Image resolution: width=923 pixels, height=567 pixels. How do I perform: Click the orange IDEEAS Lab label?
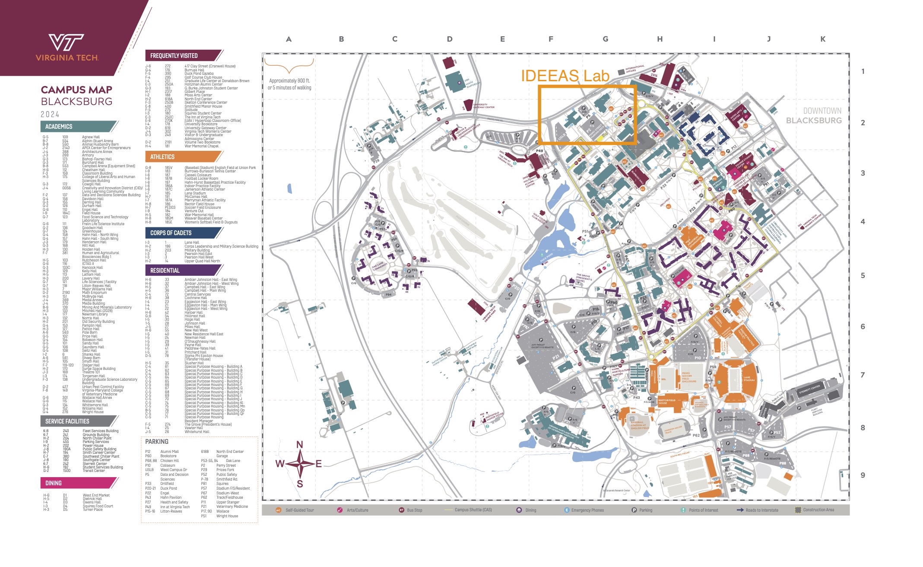pyautogui.click(x=565, y=76)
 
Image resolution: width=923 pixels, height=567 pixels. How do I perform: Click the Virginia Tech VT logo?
pyautogui.click(x=67, y=43)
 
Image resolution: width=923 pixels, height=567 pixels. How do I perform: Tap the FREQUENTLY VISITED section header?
pyautogui.click(x=174, y=56)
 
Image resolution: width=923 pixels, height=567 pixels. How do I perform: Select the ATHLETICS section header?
pyautogui.click(x=162, y=157)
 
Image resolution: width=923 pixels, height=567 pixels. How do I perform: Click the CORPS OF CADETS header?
pyautogui.click(x=171, y=233)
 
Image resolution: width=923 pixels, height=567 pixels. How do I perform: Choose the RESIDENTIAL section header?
pyautogui.click(x=165, y=271)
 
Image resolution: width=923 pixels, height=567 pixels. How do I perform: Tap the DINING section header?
pyautogui.click(x=54, y=483)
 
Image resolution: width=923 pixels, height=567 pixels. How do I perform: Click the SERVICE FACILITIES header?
pyautogui.click(x=67, y=421)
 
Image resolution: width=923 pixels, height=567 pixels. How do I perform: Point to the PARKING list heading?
pyautogui.click(x=157, y=442)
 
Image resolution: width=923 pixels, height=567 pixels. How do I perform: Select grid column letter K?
pyautogui.click(x=823, y=39)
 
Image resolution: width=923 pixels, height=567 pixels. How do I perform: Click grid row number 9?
pyautogui.click(x=863, y=475)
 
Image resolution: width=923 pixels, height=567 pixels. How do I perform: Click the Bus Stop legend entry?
pyautogui.click(x=414, y=510)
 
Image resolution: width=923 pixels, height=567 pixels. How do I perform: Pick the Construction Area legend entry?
pyautogui.click(x=818, y=510)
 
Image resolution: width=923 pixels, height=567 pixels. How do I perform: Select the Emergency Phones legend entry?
pyautogui.click(x=587, y=510)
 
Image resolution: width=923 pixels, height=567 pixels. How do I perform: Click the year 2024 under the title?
pyautogui.click(x=50, y=115)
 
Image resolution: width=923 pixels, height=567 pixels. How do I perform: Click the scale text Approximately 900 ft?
pyautogui.click(x=289, y=81)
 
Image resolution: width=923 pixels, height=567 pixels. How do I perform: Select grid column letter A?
pyautogui.click(x=289, y=39)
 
